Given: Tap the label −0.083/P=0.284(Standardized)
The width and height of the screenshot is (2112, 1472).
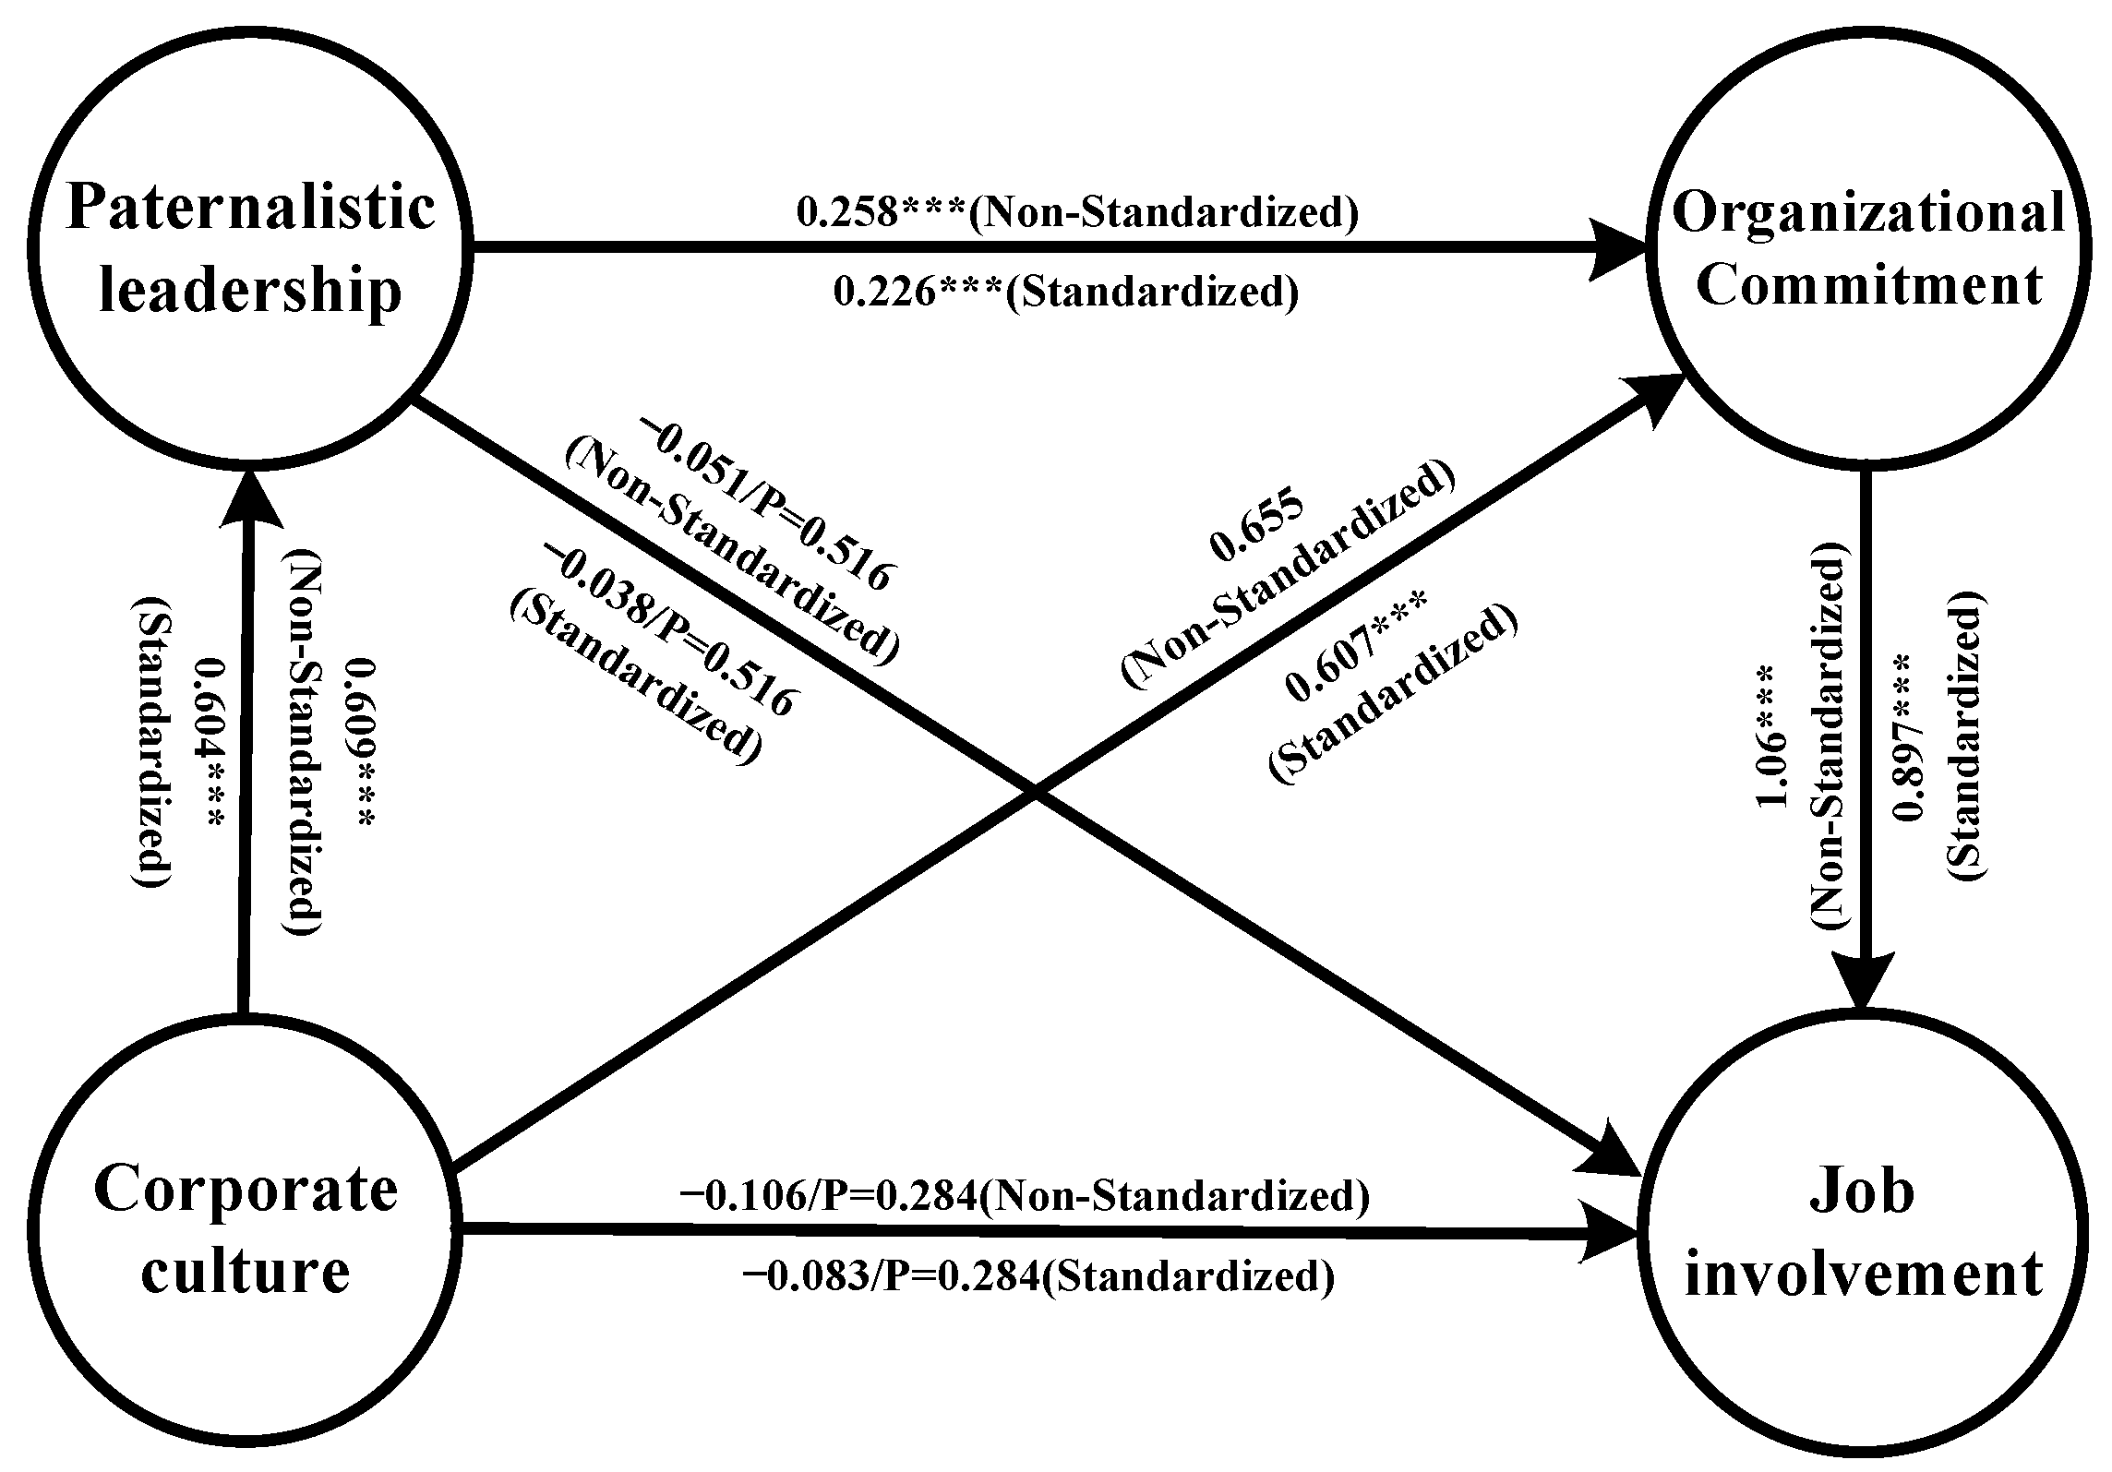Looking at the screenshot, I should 1038,1277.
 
